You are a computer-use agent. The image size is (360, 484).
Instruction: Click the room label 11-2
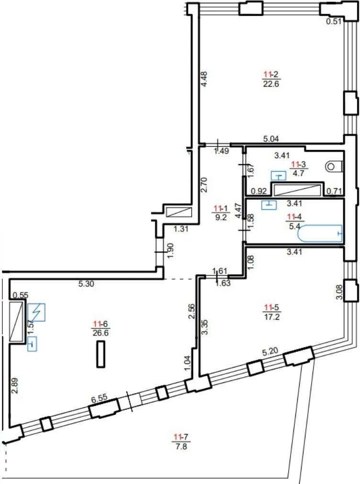click(x=271, y=74)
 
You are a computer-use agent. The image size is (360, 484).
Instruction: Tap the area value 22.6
click(x=271, y=84)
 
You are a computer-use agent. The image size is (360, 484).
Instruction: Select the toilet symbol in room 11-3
click(x=334, y=167)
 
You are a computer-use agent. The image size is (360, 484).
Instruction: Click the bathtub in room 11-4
click(x=320, y=234)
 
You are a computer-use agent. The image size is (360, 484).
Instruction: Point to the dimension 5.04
click(x=271, y=139)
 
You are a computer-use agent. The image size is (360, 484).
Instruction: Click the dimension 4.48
click(x=204, y=80)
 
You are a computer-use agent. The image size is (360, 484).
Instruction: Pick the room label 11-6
click(x=101, y=324)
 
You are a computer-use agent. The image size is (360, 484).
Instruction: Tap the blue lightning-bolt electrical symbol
click(x=36, y=312)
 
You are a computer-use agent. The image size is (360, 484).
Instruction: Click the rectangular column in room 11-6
click(x=101, y=354)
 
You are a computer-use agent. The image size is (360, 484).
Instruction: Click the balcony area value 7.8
click(x=181, y=446)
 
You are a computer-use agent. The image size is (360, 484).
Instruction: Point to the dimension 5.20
click(x=270, y=352)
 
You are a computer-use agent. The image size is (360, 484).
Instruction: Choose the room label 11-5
click(x=271, y=307)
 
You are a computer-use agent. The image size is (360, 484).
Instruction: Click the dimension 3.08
click(x=339, y=292)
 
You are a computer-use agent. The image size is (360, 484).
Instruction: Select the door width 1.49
click(x=222, y=151)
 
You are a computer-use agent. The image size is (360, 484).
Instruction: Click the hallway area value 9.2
click(x=221, y=217)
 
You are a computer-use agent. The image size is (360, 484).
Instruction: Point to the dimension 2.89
click(x=14, y=386)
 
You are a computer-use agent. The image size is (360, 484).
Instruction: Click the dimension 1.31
click(x=181, y=229)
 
